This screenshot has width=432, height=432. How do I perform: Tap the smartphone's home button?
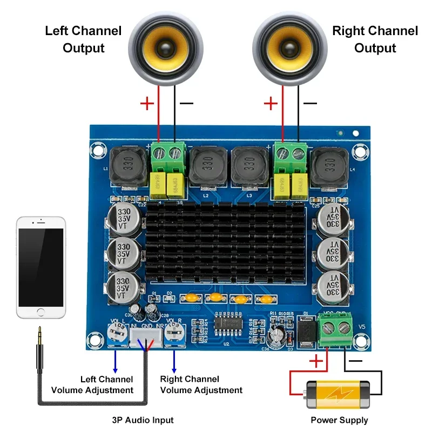(x=41, y=312)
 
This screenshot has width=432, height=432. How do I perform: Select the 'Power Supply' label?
(x=339, y=420)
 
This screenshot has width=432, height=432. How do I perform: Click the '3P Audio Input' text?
(x=143, y=420)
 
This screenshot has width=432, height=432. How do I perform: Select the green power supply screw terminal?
(x=335, y=330)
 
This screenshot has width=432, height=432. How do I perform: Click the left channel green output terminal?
(x=167, y=154)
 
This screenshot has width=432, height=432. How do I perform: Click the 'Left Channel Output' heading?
(x=83, y=39)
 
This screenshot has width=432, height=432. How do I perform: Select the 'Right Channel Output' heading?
(x=375, y=39)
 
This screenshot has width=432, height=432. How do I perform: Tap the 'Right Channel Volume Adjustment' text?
(x=201, y=384)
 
